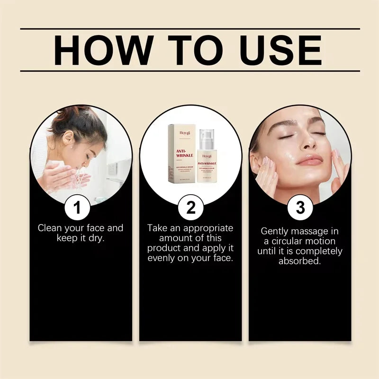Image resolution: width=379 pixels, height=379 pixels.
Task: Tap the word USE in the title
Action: [279, 50]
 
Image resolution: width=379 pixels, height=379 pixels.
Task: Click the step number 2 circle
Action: [190, 208]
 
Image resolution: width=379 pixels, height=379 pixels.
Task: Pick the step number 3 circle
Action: [300, 208]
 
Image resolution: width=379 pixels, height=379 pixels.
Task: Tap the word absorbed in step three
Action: [300, 261]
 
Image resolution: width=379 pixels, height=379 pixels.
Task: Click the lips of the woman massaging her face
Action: [309, 162]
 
